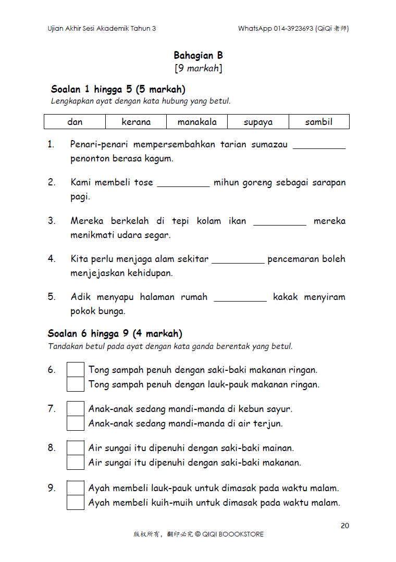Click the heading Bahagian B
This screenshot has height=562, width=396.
click(198, 55)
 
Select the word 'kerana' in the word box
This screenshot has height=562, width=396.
click(136, 122)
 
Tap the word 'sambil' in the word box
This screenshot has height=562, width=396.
click(319, 122)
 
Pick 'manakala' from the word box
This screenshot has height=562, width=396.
click(197, 122)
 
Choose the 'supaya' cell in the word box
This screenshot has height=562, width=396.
click(258, 122)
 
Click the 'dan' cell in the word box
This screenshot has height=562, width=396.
click(75, 122)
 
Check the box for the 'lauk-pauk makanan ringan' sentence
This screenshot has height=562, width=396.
click(76, 384)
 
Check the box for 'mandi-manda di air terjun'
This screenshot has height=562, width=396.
click(76, 423)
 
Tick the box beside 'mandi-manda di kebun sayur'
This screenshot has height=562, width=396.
click(76, 409)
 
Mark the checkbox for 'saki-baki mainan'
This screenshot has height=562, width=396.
click(76, 448)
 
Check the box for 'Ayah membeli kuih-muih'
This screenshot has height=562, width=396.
click(76, 503)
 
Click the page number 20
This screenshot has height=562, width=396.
click(345, 526)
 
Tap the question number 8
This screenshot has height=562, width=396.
click(52, 447)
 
